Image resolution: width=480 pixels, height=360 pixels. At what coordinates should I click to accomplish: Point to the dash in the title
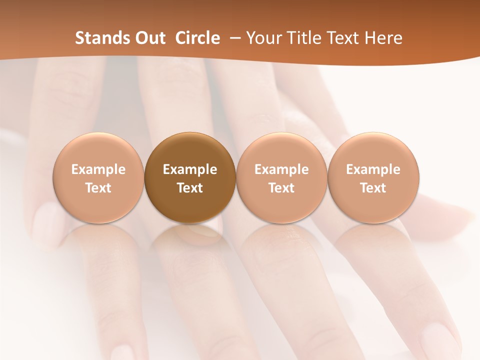[x=233, y=38]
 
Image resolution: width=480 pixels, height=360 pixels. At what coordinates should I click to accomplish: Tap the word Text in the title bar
[x=342, y=38]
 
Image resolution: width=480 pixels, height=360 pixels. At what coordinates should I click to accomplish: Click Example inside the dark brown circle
[x=190, y=169]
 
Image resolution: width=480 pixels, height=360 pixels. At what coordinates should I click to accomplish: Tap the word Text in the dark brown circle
[x=190, y=188]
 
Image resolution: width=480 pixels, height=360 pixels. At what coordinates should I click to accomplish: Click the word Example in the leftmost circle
[x=98, y=169]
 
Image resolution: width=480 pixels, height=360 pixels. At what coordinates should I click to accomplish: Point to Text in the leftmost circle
[x=98, y=188]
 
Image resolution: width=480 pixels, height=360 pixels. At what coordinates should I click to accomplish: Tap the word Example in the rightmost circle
[x=373, y=169]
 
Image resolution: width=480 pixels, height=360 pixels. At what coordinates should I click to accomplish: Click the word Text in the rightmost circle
[x=373, y=188]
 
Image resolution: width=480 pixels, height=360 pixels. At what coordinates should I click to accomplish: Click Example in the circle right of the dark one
[x=281, y=169]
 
